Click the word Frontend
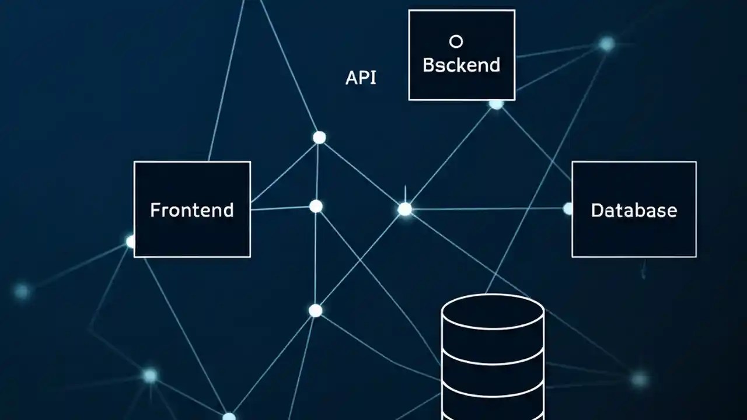point(191,210)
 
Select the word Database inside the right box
point(634,210)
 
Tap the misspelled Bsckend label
point(461,65)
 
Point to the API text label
point(361,78)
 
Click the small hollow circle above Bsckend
point(456,41)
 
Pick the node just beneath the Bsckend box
point(496,104)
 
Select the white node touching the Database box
point(568,208)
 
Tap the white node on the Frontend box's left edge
point(131,242)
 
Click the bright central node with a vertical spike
point(404,209)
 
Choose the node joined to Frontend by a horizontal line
point(316,206)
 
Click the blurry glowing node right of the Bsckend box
point(607,44)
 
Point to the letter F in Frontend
point(155,210)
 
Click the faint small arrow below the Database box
point(644,271)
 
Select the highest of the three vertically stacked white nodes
point(319,137)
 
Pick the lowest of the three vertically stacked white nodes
point(315,310)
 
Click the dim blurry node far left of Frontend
point(22,290)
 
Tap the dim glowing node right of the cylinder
point(640,379)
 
